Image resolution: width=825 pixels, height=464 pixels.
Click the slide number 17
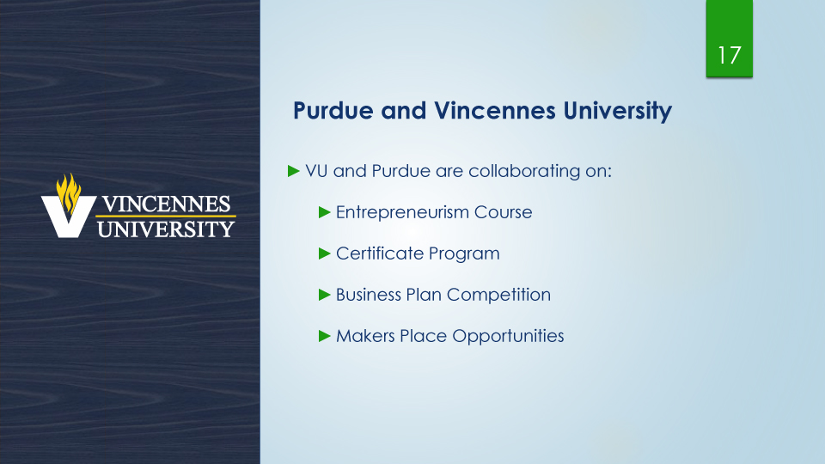pos(730,55)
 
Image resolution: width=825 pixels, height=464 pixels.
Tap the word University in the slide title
pos(617,112)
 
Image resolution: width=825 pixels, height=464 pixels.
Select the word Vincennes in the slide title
pos(495,111)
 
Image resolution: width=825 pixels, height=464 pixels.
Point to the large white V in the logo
pos(69,217)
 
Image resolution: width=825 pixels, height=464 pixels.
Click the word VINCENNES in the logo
pos(166,205)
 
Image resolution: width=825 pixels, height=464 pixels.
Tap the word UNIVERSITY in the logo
pos(166,229)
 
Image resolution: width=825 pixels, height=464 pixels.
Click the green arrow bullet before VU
pos(294,170)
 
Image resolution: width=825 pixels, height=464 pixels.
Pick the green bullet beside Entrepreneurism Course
pos(325,212)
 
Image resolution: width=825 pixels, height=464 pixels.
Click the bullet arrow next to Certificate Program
pos(325,253)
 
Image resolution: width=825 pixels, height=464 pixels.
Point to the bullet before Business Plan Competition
pos(325,295)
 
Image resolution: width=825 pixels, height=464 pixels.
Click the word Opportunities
pos(508,336)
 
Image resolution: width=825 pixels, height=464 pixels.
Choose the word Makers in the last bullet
pos(365,336)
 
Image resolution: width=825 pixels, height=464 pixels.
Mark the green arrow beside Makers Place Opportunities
pos(325,336)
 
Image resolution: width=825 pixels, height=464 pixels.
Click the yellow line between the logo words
pos(166,217)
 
